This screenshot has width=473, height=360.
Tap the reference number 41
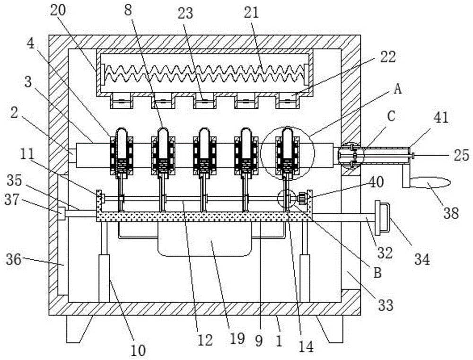click(x=441, y=118)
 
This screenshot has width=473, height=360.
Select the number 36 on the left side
click(x=14, y=259)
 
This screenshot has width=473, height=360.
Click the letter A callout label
click(x=398, y=89)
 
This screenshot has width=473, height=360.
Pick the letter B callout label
click(x=378, y=273)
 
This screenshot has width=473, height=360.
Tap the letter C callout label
click(x=391, y=117)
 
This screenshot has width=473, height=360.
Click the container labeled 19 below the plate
click(x=205, y=238)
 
